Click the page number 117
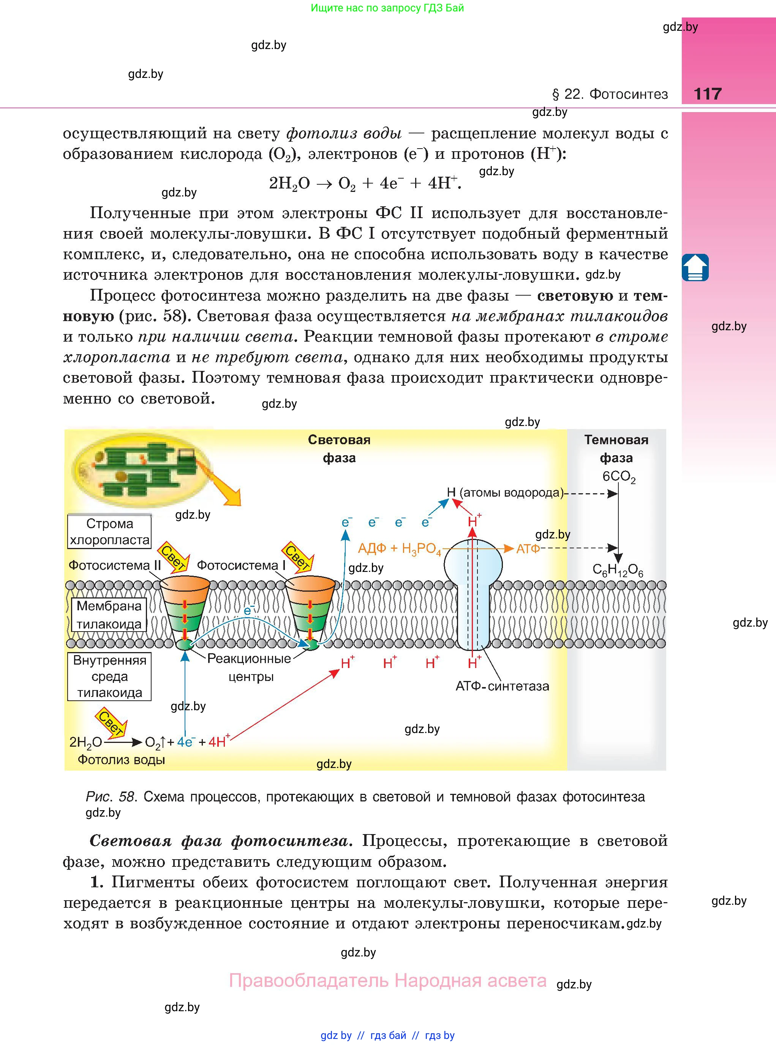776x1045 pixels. pos(707,93)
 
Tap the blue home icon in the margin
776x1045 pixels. pos(695,268)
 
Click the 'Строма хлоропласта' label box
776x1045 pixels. pos(109,531)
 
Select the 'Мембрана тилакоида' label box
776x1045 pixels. pos(109,614)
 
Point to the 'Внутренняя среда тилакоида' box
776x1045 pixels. pos(109,676)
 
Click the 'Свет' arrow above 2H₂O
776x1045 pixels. pos(112,723)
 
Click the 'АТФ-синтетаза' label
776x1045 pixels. pos(502,686)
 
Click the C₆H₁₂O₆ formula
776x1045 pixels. pos(617,570)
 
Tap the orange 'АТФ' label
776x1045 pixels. pos(528,548)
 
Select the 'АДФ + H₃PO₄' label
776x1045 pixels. pos(399,549)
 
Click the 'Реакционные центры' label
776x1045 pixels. pos(250,667)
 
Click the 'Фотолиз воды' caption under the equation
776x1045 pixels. pos(121,760)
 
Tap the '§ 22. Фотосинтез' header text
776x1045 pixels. pos(609,94)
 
